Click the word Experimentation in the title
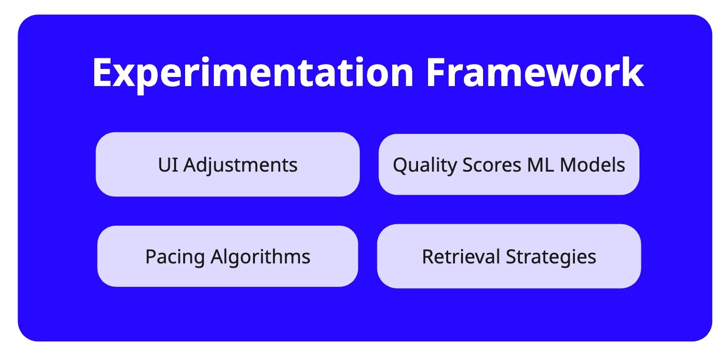point(253,73)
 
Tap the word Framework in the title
point(535,73)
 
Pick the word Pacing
point(175,257)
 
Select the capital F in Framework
point(436,73)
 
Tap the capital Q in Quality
point(400,165)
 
